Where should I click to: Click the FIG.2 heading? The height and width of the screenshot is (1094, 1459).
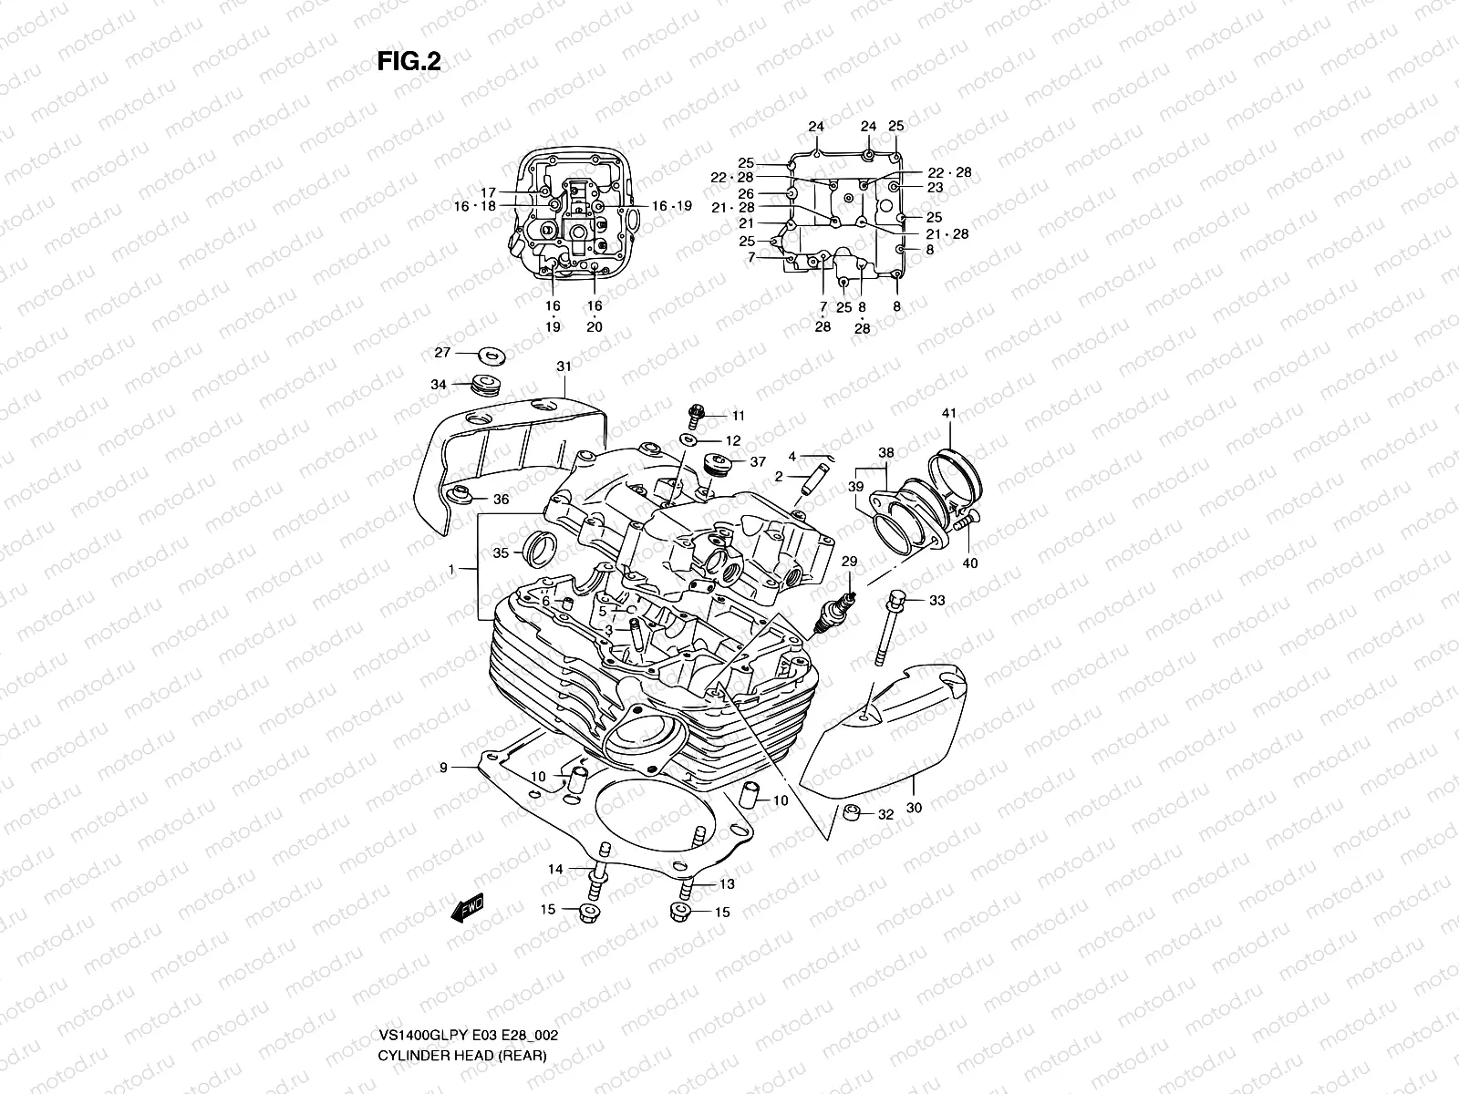[409, 61]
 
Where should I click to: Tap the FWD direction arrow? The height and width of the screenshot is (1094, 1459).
[466, 909]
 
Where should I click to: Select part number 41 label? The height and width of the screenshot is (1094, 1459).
[949, 414]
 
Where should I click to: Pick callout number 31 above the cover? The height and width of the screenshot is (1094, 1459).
[564, 366]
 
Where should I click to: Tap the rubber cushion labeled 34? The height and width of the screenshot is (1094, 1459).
[488, 384]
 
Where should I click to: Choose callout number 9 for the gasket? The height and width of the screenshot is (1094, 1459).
[443, 768]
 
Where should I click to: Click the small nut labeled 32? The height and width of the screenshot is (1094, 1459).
[852, 813]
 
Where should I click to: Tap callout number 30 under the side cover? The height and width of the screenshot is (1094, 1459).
[915, 807]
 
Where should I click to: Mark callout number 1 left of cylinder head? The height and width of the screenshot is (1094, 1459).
[450, 569]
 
